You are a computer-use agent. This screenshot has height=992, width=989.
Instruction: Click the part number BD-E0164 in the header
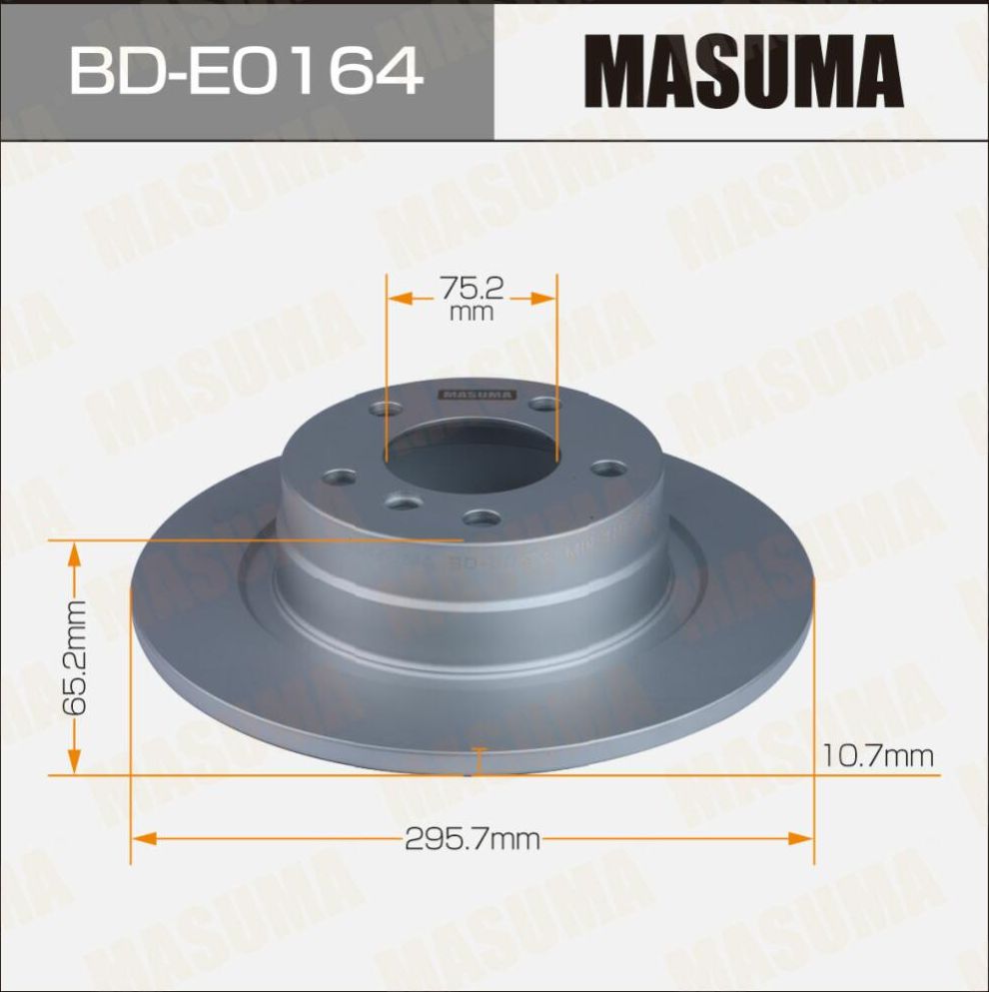(246, 71)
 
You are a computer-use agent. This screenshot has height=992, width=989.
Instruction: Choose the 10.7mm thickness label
(877, 756)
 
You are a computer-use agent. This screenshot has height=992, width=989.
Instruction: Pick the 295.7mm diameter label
(472, 839)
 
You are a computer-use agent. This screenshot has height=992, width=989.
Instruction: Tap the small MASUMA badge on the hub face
(477, 395)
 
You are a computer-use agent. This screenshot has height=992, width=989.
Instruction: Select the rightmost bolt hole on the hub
(606, 468)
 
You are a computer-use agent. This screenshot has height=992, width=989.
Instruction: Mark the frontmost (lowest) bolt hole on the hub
(482, 517)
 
